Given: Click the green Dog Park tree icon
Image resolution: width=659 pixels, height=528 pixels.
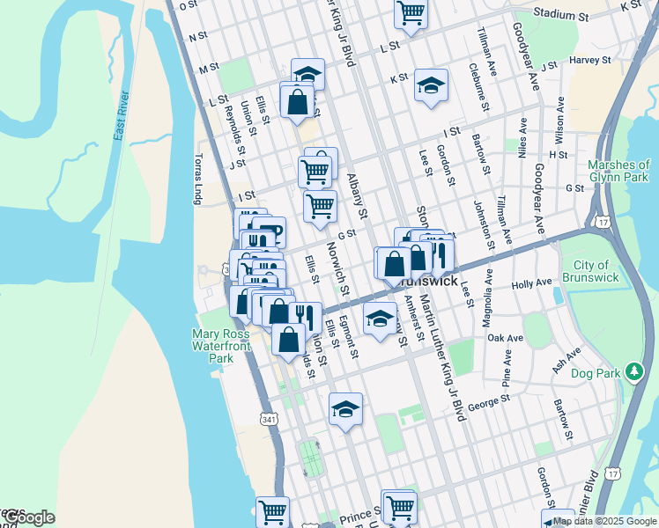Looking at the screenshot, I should tap(633, 371).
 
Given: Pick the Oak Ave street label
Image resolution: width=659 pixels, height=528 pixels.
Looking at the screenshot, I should tap(506, 337).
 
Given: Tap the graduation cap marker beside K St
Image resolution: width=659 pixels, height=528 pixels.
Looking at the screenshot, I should tap(430, 86).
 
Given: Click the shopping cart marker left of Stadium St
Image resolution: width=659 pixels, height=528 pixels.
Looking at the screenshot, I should tap(411, 13).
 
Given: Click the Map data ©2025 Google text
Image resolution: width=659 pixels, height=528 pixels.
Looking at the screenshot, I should tap(604, 521).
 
